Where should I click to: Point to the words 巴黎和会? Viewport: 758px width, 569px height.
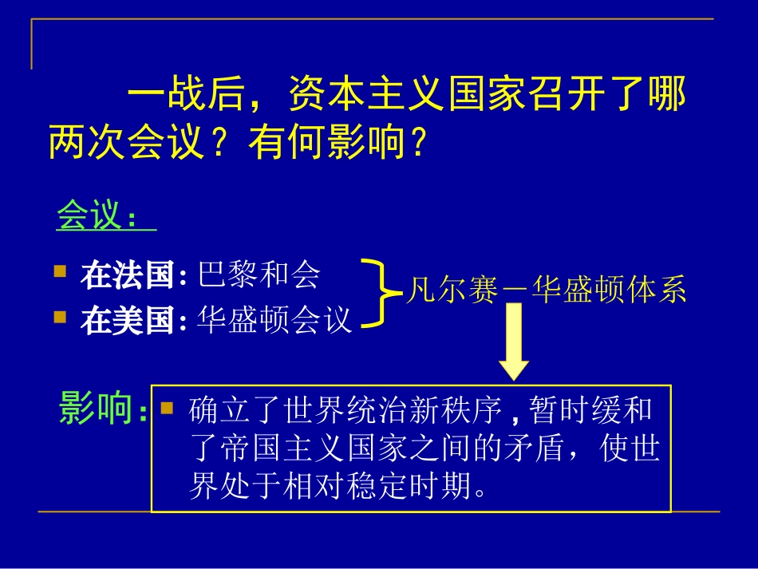click(x=258, y=275)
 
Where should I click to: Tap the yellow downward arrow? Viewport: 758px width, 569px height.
click(x=514, y=342)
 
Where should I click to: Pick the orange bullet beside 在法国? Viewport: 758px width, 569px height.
click(x=60, y=272)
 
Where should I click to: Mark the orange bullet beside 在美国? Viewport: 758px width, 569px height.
click(x=60, y=317)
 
